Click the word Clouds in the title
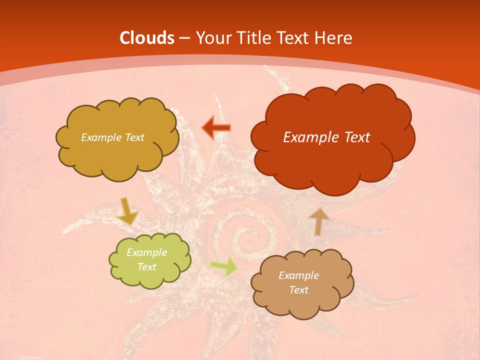point(147,38)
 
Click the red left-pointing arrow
point(216,127)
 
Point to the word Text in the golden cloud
point(134,137)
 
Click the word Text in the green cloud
point(147,267)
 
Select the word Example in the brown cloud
point(298,275)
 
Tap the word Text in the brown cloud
point(299,290)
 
